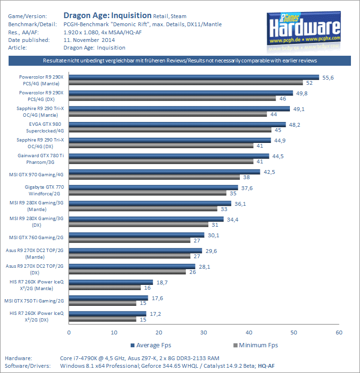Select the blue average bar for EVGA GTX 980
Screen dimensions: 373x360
pyautogui.click(x=177, y=124)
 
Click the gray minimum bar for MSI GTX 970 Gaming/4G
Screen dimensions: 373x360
pyautogui.click(x=155, y=177)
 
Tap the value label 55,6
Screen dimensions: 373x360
pyautogui.click(x=329, y=77)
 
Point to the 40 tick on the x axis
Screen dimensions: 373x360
pyautogui.click(x=249, y=332)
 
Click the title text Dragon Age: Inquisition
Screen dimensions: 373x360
pyautogui.click(x=108, y=15)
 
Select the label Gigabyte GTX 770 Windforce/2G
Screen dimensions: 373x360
pyautogui.click(x=44, y=190)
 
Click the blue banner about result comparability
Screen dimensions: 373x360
pyautogui.click(x=180, y=61)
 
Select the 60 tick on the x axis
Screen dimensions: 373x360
pyautogui.click(x=339, y=332)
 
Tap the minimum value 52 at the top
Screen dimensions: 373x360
pyautogui.click(x=309, y=82)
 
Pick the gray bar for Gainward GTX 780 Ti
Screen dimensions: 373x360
pyautogui.click(x=161, y=161)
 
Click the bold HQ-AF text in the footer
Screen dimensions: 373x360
pyautogui.click(x=267, y=365)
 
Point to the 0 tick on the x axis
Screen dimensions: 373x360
pyautogui.click(x=69, y=332)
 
